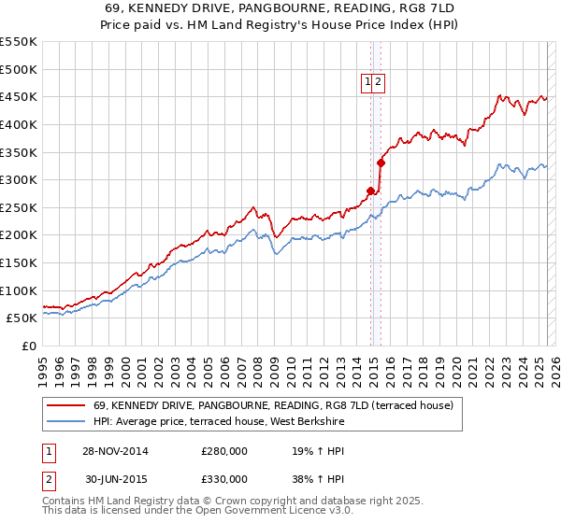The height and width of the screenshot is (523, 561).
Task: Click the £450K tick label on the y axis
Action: click(x=19, y=96)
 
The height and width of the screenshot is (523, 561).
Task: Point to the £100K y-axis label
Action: click(x=19, y=290)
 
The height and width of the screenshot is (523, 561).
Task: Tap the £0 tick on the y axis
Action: click(x=29, y=346)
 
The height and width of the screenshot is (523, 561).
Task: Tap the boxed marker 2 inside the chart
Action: click(x=379, y=82)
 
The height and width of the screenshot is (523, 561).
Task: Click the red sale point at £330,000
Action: click(x=381, y=163)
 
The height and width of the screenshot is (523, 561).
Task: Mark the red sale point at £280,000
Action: click(x=371, y=191)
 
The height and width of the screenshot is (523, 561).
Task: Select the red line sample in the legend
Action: click(x=65, y=405)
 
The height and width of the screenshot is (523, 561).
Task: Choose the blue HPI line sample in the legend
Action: click(x=65, y=422)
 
